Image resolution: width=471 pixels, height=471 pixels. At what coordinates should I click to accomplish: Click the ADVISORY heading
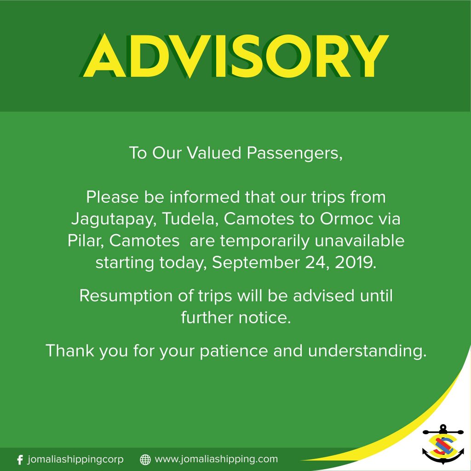tap(234, 56)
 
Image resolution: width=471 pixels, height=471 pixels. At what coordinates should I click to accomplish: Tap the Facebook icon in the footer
tap(20, 460)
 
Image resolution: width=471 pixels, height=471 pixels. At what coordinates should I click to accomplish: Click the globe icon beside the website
tap(145, 460)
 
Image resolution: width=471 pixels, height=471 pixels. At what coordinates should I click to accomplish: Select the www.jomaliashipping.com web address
tap(216, 460)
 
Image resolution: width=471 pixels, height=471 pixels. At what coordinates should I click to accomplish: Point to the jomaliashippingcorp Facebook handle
tap(75, 460)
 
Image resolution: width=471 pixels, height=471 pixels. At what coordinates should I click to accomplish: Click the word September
tap(256, 263)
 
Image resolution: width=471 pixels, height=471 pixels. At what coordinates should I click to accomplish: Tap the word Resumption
tap(126, 296)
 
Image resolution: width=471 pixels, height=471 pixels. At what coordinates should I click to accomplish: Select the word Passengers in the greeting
tap(295, 153)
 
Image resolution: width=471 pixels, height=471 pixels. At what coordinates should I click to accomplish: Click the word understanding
tap(367, 351)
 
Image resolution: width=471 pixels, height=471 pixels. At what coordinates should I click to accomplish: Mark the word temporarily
tap(264, 241)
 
